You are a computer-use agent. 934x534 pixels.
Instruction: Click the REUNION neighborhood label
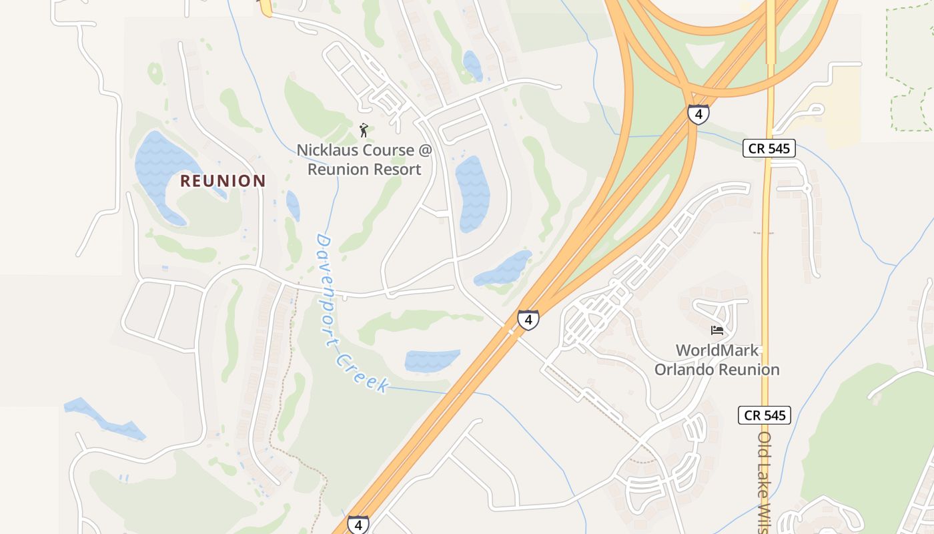coord(223,181)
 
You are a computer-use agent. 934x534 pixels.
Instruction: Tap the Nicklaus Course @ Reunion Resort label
coord(364,160)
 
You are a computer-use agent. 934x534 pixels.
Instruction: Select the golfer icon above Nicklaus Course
coord(364,129)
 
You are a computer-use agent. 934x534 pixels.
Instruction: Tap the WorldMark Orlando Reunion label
coord(717,360)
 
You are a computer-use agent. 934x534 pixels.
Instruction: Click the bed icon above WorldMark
coord(717,330)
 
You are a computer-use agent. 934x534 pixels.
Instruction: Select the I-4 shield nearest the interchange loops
coord(698,115)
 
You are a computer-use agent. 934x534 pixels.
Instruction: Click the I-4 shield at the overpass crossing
coord(528,320)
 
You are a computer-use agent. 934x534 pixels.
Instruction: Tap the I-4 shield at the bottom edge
coord(358,524)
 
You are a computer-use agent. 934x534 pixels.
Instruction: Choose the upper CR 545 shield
coord(769,148)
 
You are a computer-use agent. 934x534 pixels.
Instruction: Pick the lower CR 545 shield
coord(765,415)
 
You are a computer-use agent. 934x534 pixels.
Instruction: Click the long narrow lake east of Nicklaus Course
coord(472,194)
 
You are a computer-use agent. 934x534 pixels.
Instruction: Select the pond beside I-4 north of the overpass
coord(504,268)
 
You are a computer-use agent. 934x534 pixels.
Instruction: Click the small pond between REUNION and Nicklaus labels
coord(293,205)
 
